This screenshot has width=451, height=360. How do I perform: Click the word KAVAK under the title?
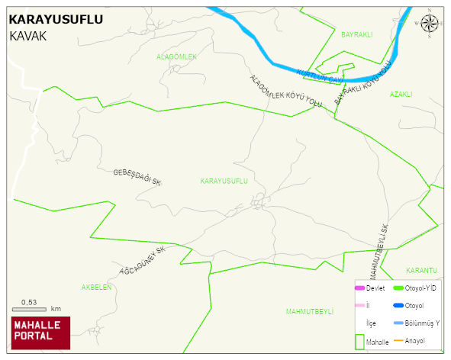28,37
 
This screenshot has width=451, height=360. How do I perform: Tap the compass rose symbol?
430,25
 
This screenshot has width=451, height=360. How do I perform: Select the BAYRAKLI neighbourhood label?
356,35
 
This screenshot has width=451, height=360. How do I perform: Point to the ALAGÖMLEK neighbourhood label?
176,57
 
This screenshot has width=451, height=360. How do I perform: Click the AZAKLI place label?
401,95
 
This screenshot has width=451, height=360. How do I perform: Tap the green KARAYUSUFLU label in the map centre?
224,181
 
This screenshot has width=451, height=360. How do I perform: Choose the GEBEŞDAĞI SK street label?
137,178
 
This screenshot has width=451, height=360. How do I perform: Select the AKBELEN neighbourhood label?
97,288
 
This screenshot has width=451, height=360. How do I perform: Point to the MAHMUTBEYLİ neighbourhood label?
310,312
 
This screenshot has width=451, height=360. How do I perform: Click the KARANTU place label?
421,271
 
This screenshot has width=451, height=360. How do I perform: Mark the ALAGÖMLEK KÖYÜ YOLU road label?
285,92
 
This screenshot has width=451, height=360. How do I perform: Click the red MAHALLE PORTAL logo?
40,331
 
